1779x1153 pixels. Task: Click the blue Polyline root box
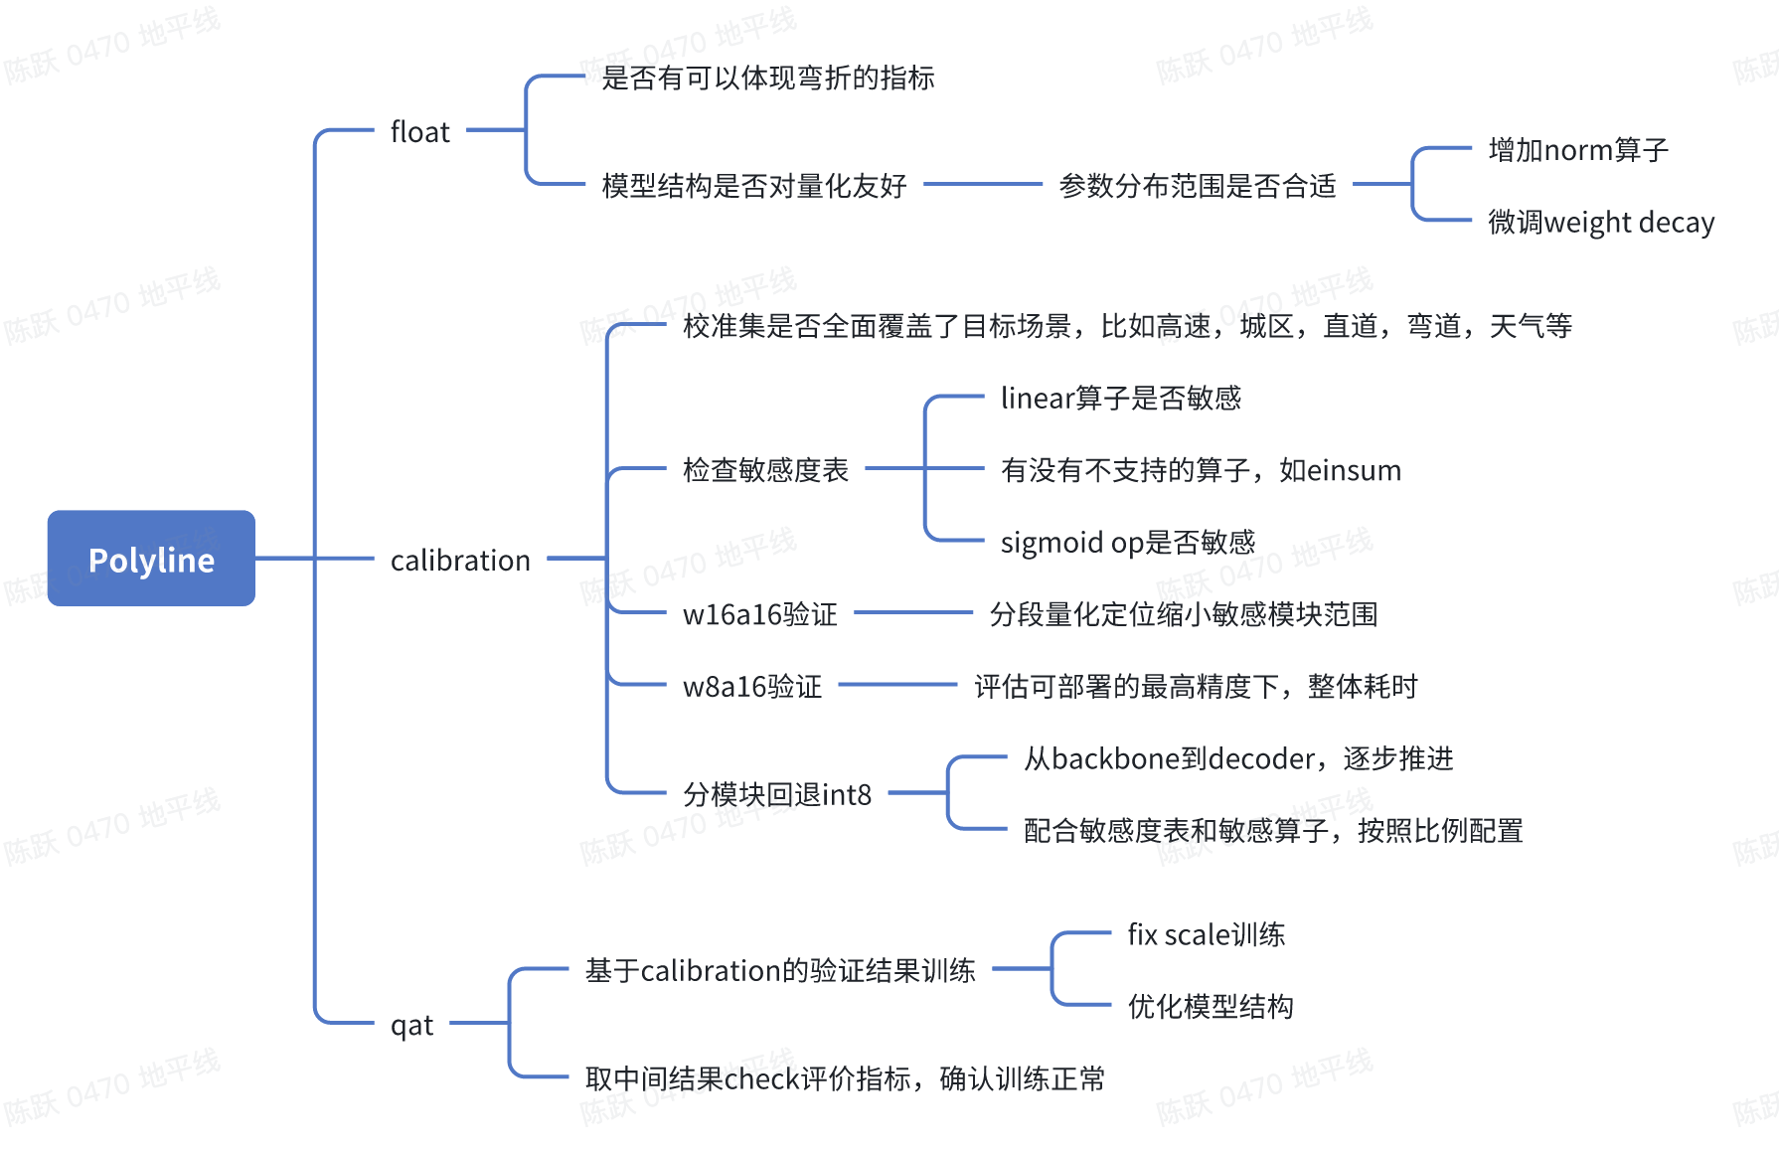point(151,559)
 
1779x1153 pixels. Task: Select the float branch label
point(419,132)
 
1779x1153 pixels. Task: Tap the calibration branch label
point(460,561)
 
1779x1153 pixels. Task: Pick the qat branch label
point(411,1025)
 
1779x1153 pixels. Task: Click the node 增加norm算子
point(1578,150)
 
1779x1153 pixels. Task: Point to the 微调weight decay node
point(1601,222)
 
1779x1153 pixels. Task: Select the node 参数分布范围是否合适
point(1198,186)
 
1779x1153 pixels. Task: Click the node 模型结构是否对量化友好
point(754,186)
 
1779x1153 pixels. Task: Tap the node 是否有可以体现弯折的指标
point(768,78)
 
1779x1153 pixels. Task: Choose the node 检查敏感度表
point(765,470)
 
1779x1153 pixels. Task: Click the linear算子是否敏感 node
point(1121,399)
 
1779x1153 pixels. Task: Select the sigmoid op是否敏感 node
point(1128,543)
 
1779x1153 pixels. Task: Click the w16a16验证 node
point(760,615)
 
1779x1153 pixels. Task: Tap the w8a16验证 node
point(752,687)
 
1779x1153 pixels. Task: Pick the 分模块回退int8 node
point(777,795)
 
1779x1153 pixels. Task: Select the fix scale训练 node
point(1207,935)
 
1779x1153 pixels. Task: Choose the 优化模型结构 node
point(1211,1007)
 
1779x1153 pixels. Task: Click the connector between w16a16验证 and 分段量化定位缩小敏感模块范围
point(913,613)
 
